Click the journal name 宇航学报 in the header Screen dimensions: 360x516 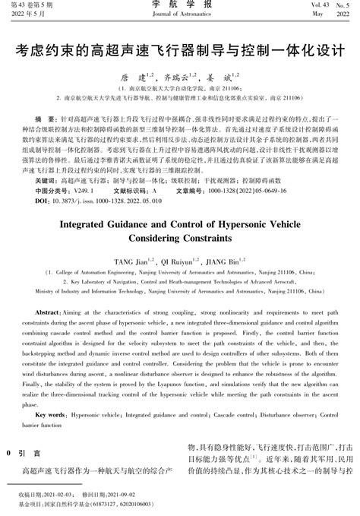[x=179, y=5]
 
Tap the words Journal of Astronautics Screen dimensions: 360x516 [x=179, y=15]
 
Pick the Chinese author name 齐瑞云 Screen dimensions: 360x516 [x=175, y=78]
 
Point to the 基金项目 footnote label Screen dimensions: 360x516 [x=32, y=504]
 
